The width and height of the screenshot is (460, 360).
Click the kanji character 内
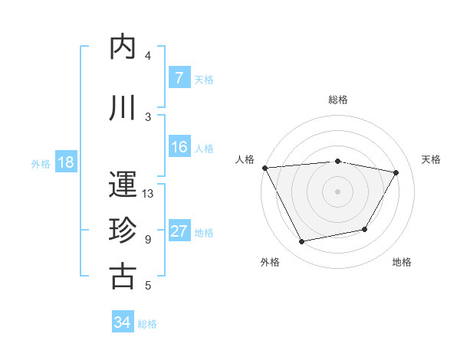click(123, 47)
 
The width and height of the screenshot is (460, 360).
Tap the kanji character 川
click(123, 109)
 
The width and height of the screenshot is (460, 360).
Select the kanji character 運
click(123, 185)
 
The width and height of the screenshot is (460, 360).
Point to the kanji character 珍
click(123, 231)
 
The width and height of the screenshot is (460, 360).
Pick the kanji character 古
click(123, 276)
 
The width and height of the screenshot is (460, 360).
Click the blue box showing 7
click(179, 78)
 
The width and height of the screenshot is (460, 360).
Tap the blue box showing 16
click(179, 147)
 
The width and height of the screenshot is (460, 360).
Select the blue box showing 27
click(179, 231)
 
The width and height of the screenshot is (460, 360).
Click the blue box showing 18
click(65, 162)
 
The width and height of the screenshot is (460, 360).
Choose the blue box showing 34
click(123, 322)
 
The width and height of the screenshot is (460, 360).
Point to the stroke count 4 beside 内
click(148, 56)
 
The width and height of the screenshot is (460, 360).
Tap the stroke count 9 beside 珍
click(148, 240)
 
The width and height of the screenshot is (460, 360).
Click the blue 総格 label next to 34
click(147, 323)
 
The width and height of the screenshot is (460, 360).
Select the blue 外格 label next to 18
click(41, 163)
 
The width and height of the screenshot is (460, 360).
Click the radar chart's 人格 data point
click(264, 168)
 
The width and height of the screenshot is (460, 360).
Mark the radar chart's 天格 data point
click(396, 172)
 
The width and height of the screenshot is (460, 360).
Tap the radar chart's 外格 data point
click(301, 242)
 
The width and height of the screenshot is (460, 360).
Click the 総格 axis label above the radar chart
click(338, 100)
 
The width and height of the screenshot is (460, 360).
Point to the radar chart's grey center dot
click(338, 191)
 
